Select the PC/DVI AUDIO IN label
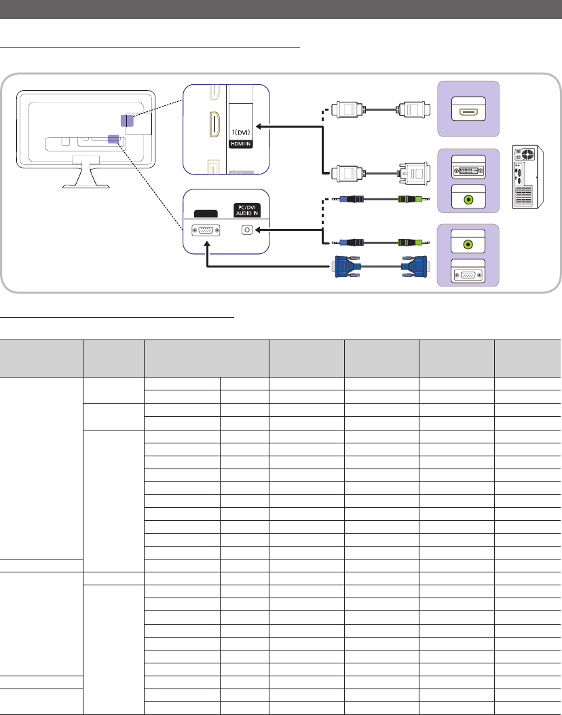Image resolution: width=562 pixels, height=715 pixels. pyautogui.click(x=247, y=210)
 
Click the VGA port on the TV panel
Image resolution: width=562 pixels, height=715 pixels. pyautogui.click(x=206, y=230)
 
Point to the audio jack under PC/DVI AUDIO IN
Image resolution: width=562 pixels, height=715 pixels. pyautogui.click(x=247, y=230)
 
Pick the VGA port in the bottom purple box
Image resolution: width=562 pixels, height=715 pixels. pyautogui.click(x=468, y=275)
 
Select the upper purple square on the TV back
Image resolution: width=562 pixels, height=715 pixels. pyautogui.click(x=118, y=120)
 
